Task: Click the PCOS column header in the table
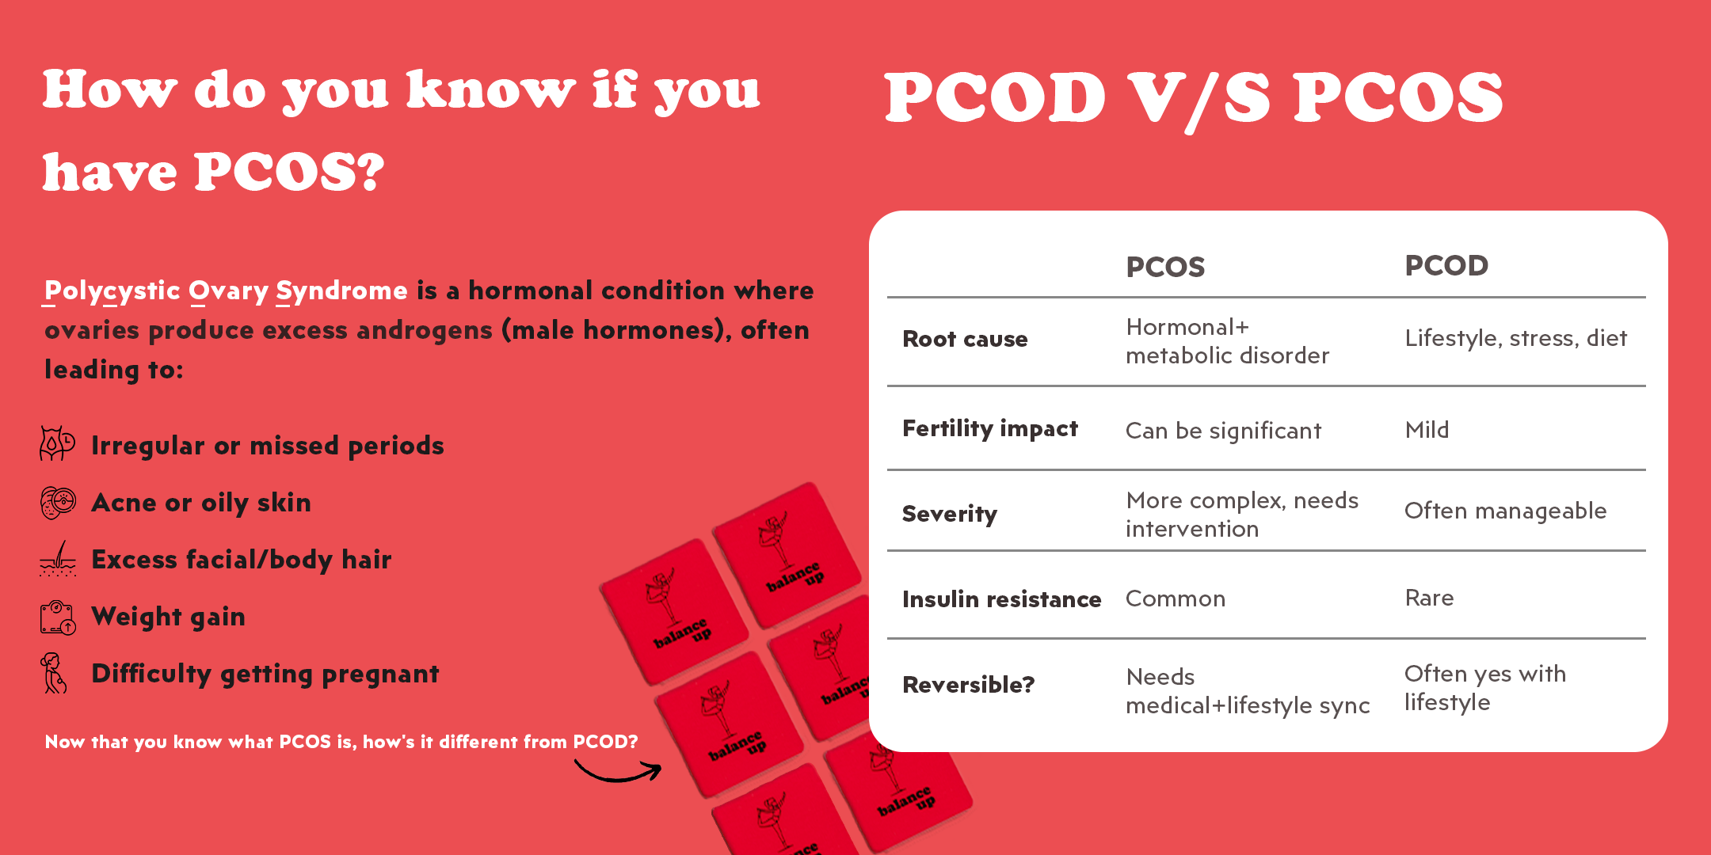click(x=1165, y=268)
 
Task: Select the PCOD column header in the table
click(x=1446, y=266)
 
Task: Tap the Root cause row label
click(x=965, y=339)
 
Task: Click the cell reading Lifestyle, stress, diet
click(x=1516, y=339)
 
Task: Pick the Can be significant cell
click(x=1224, y=431)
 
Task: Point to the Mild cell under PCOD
click(x=1427, y=430)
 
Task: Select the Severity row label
click(x=950, y=515)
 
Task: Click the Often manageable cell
click(x=1506, y=511)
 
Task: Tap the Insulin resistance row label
click(x=1002, y=599)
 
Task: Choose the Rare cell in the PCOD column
click(x=1429, y=598)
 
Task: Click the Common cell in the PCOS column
click(x=1176, y=598)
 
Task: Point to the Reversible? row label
click(x=969, y=685)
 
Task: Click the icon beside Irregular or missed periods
click(x=57, y=443)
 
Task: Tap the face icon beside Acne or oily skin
click(x=58, y=503)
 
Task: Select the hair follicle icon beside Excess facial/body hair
click(x=58, y=559)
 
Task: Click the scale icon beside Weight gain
click(x=58, y=617)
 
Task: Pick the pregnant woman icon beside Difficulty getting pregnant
click(x=53, y=673)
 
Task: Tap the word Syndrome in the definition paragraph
click(x=341, y=292)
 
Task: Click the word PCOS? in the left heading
click(x=289, y=172)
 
